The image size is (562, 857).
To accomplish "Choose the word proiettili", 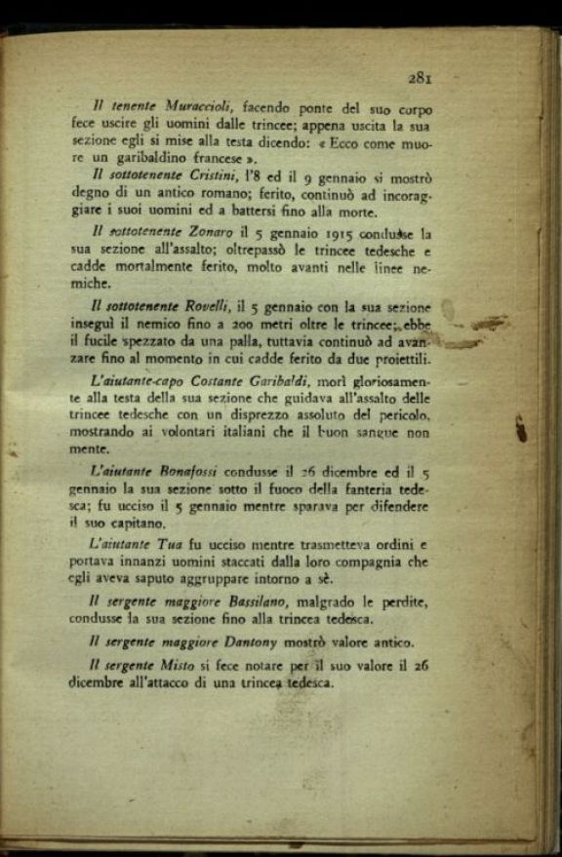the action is pyautogui.click(x=394, y=360).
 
